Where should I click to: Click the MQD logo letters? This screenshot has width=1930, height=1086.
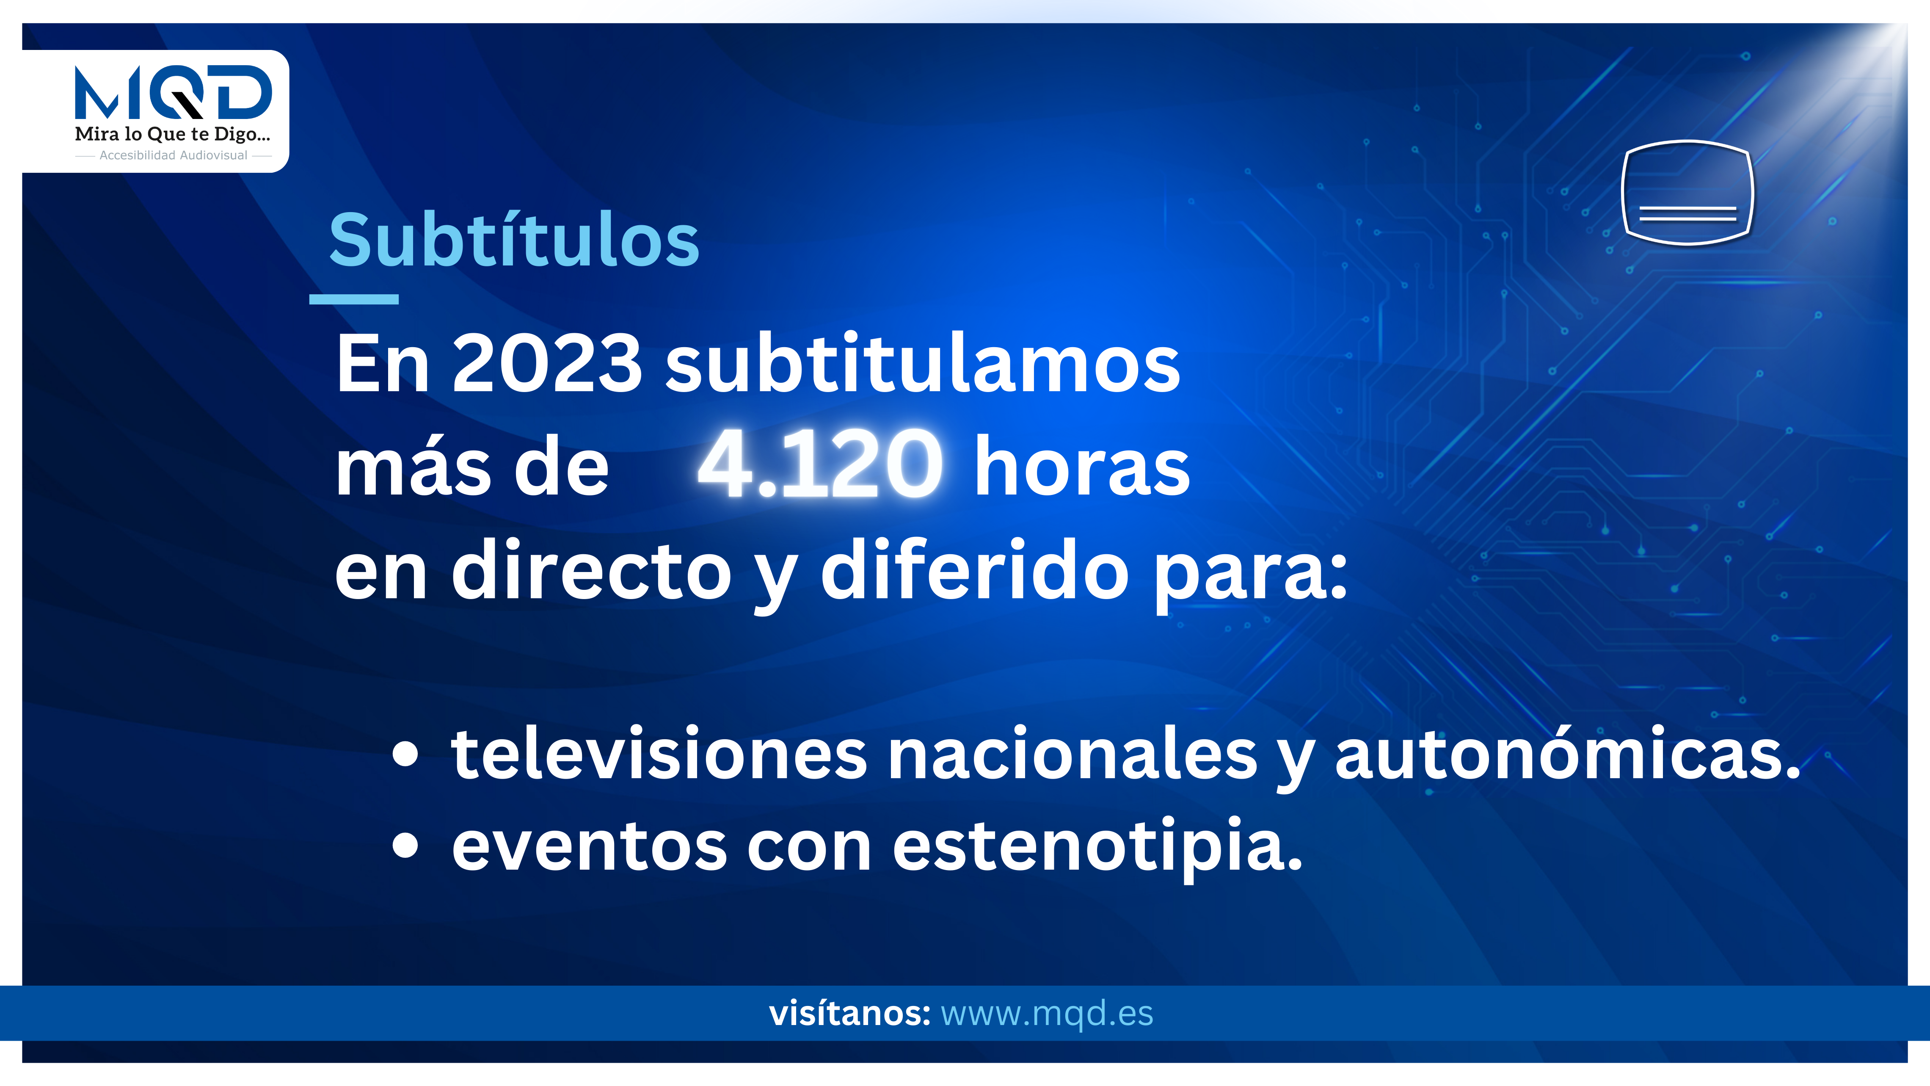tap(173, 92)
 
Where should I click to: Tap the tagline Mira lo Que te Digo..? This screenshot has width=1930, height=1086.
tap(172, 135)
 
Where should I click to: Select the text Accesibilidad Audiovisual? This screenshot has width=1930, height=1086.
tap(173, 155)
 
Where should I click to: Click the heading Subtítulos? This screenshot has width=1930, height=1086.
tap(514, 240)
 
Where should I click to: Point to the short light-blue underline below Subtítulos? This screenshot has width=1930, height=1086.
tap(354, 299)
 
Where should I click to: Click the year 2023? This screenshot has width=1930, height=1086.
tap(547, 364)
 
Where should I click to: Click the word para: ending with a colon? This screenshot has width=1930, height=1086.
tap(1251, 577)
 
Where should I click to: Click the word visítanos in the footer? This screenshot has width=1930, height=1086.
tap(849, 1013)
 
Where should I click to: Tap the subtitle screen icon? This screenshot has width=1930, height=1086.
tap(1687, 193)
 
